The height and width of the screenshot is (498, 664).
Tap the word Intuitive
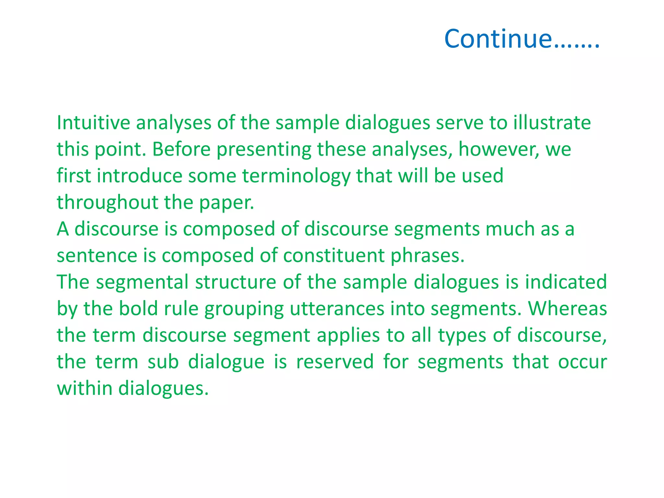point(93,123)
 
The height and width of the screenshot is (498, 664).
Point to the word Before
point(181,150)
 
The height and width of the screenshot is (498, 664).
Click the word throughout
point(107,203)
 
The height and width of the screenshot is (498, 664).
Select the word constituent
point(334,256)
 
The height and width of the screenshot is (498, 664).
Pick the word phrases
point(427,256)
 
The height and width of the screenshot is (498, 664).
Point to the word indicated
point(566,282)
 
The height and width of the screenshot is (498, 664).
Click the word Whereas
point(567,309)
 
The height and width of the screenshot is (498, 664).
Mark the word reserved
point(335,362)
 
